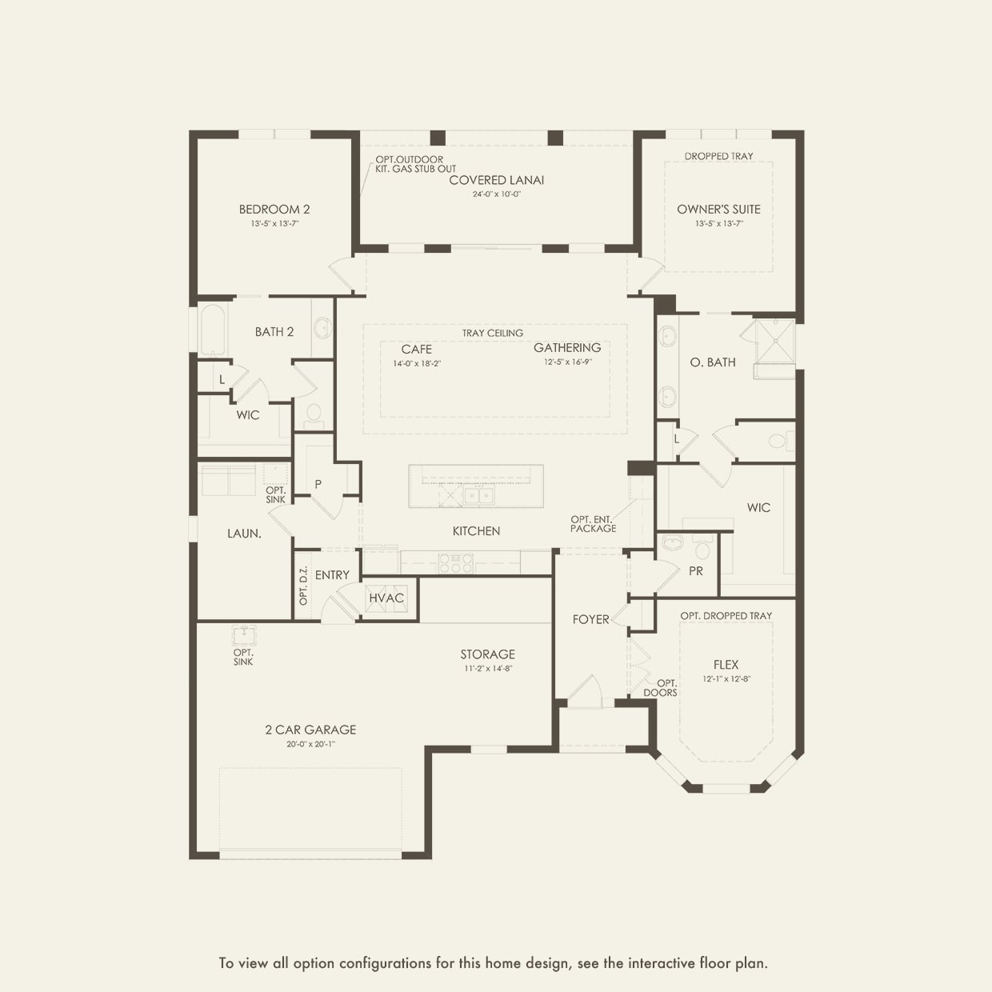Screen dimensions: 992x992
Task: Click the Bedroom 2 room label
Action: click(x=274, y=210)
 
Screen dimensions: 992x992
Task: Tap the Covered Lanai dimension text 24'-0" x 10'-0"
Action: click(x=497, y=194)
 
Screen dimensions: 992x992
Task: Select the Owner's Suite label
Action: click(x=718, y=210)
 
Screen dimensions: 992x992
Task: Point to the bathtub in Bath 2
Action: click(x=212, y=330)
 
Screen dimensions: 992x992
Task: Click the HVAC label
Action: click(x=386, y=598)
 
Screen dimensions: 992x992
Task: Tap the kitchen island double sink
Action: click(x=478, y=496)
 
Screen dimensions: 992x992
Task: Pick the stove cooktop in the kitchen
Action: click(x=455, y=562)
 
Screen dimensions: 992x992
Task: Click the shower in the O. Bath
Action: click(x=774, y=342)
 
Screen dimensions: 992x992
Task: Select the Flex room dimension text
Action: click(x=726, y=679)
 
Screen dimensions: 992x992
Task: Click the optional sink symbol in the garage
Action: click(x=243, y=636)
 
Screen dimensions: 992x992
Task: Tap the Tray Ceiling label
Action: click(x=493, y=333)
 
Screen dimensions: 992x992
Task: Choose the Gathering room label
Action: click(x=567, y=348)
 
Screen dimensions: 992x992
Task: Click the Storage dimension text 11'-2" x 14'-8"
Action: click(x=487, y=669)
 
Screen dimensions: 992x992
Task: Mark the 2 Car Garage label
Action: click(x=311, y=730)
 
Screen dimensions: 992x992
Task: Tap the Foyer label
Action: click(x=591, y=619)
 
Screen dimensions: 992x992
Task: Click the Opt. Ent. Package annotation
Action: click(x=593, y=524)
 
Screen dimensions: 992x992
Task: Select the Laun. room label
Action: click(x=245, y=534)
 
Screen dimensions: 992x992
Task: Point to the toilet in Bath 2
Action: click(x=314, y=417)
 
